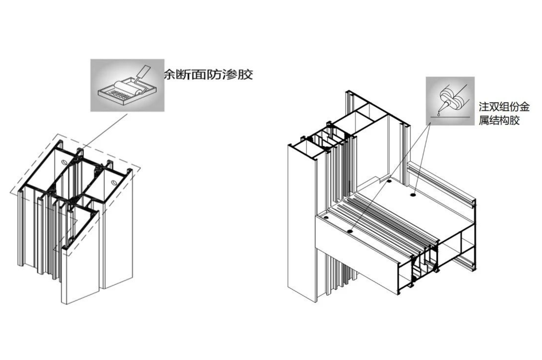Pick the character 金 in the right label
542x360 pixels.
[524, 107]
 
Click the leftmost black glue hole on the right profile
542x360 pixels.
[326, 218]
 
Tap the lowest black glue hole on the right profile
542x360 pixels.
[350, 231]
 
